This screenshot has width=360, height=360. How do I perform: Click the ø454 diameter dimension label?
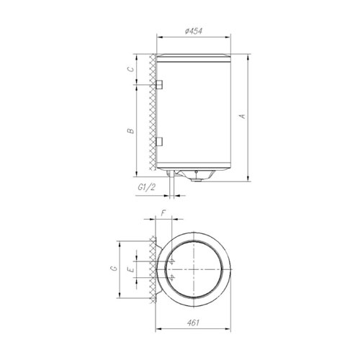pos(194,31)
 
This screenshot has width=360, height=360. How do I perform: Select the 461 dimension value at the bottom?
pos(193,323)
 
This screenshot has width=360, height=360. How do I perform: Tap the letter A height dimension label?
pos(243,116)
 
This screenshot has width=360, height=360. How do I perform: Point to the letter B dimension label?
pos(131,131)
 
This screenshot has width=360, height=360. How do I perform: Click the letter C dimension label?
pos(130,69)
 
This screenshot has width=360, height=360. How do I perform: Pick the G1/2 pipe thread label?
pos(145,187)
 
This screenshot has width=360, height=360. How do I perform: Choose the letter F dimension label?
pos(163,213)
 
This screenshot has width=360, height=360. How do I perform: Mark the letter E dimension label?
pos(131,270)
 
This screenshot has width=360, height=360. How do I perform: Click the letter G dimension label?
pos(114,268)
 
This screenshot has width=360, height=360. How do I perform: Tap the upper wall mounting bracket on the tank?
pos(159,84)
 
